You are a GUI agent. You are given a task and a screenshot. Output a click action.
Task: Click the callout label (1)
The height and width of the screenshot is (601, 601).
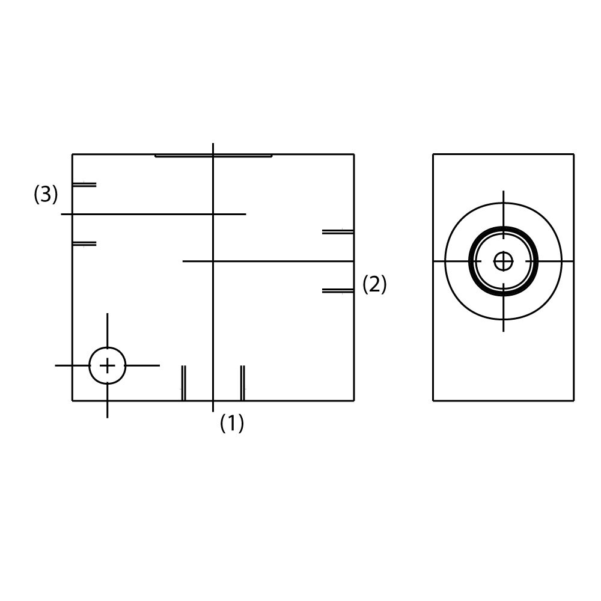[x=232, y=423]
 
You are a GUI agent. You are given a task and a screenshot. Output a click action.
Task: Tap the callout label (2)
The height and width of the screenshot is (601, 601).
[x=374, y=284]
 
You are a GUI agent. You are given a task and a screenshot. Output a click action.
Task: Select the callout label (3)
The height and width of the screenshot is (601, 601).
[x=46, y=194]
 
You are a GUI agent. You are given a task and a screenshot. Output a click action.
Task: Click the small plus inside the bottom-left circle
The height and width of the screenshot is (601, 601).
[x=108, y=365]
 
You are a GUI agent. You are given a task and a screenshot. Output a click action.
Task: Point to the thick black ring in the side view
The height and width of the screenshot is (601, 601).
[x=503, y=261]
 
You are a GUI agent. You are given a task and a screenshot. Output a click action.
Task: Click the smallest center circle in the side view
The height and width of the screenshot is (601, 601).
[x=503, y=261]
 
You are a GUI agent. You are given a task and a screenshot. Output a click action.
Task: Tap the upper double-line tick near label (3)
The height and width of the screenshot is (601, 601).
[x=84, y=185]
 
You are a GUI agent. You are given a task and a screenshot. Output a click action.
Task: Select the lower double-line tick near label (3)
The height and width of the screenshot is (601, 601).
[x=84, y=244]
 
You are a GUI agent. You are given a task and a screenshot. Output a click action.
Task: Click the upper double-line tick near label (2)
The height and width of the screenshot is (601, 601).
[x=338, y=232]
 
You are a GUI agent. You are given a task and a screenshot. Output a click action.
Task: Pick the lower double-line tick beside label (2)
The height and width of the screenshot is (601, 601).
[x=338, y=291]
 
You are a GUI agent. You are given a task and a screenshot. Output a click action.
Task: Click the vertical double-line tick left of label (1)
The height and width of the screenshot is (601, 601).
[x=183, y=383]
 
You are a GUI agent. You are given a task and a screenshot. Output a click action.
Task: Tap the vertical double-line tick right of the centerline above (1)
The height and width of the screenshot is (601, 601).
[x=242, y=383]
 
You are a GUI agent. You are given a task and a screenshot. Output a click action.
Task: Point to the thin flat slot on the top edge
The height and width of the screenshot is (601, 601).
[x=213, y=156]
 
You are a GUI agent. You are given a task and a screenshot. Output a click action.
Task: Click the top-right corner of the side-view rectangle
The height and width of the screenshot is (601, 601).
[x=574, y=154]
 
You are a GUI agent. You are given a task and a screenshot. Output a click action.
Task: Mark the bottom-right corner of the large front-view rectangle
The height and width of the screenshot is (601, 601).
[x=354, y=401]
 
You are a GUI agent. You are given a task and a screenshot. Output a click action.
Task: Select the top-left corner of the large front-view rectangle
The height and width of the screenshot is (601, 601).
[x=73, y=154]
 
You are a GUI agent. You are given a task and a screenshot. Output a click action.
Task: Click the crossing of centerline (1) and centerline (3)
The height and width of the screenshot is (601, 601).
[x=213, y=214]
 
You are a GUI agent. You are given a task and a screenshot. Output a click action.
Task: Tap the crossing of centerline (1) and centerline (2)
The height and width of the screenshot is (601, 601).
[x=213, y=261]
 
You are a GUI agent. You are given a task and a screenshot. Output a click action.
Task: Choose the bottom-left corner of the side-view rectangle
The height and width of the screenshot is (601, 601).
[x=433, y=401]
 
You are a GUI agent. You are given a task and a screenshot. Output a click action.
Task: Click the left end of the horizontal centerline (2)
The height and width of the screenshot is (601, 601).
[x=183, y=261]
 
